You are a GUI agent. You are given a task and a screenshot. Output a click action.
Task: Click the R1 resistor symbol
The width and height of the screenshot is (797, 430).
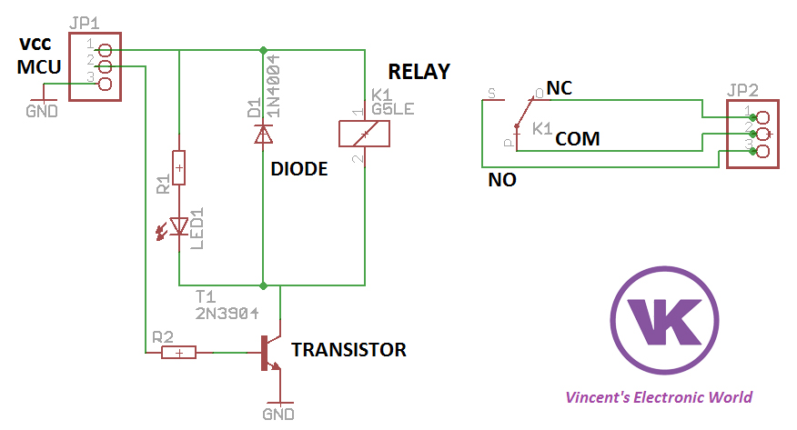(179, 168)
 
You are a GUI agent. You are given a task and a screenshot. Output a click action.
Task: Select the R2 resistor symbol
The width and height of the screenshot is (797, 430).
(179, 353)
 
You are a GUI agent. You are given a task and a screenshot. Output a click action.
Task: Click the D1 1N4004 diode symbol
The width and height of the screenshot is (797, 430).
(263, 135)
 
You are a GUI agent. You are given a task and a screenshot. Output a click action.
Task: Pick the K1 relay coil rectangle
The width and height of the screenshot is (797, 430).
(364, 134)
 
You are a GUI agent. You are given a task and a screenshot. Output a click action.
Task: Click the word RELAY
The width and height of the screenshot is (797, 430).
(419, 72)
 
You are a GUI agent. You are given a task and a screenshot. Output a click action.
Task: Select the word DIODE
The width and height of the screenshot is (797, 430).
(298, 169)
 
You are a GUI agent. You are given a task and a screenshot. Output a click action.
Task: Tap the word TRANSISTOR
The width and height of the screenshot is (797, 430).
(348, 349)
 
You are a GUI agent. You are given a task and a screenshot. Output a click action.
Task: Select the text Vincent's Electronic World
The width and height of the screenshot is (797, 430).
(659, 397)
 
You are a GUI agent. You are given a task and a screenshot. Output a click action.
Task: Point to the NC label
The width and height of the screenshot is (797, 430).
(559, 88)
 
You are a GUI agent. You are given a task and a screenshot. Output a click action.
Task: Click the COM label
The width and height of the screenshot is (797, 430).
(577, 138)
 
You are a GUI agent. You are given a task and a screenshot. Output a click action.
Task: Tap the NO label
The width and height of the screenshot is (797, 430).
(502, 180)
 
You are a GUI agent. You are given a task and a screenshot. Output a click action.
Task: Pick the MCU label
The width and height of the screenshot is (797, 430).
(38, 68)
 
